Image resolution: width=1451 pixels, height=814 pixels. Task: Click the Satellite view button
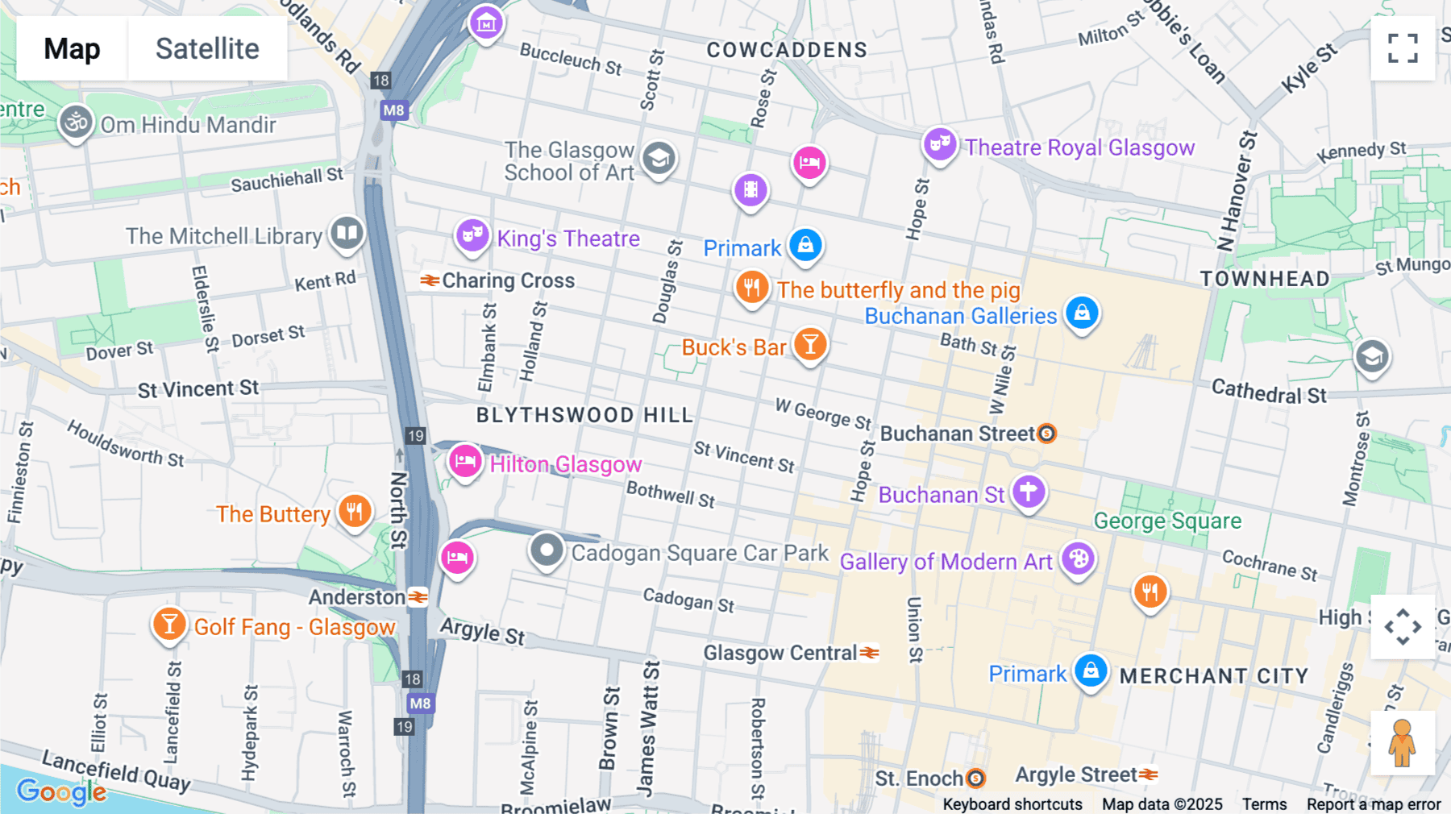[207, 48]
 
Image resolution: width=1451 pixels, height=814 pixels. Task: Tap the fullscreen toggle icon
[1403, 48]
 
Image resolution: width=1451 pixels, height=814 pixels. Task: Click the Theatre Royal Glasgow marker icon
[940, 145]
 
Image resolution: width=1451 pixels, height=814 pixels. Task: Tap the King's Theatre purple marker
[472, 236]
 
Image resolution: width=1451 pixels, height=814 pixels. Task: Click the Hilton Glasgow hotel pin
[465, 462]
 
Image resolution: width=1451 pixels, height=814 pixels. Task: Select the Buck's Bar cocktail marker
[810, 345]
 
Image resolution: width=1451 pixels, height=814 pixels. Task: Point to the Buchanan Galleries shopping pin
[1082, 313]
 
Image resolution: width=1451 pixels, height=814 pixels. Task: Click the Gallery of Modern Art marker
[1078, 559]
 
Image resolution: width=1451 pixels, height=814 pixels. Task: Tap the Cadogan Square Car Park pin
[547, 551]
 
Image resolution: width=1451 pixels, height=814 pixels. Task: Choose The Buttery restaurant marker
[355, 511]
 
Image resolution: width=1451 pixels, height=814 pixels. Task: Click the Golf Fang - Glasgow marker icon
[169, 625]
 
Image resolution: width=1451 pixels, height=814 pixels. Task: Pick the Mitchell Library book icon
[347, 234]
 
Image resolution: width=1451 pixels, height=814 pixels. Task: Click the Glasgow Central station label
[780, 653]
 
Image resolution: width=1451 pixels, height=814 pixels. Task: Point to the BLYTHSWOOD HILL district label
[584, 415]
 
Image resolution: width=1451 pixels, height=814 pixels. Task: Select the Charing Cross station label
[508, 280]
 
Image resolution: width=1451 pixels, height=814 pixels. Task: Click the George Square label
[1166, 521]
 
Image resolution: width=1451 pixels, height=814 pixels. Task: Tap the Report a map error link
[1373, 804]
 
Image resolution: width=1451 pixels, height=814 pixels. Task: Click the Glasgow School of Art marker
[659, 158]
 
